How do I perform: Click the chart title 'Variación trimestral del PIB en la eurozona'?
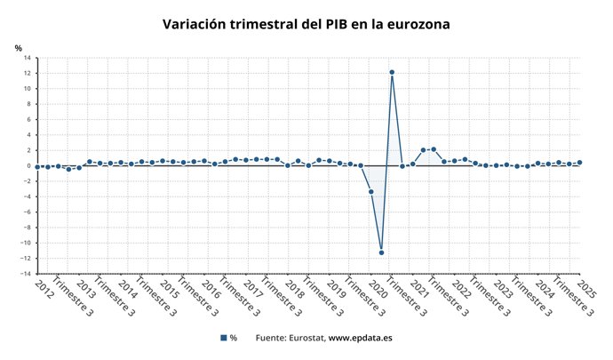[306, 24]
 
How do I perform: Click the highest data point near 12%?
[392, 72]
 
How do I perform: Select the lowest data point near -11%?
[381, 252]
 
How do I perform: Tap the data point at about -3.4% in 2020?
[370, 192]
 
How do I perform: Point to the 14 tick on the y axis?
[27, 59]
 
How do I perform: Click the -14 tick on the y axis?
[26, 274]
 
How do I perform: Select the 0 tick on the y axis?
[29, 166]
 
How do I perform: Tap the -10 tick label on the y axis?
[26, 243]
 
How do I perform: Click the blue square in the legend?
[223, 338]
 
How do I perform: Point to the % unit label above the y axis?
[18, 47]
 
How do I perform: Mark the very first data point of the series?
[36, 166]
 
